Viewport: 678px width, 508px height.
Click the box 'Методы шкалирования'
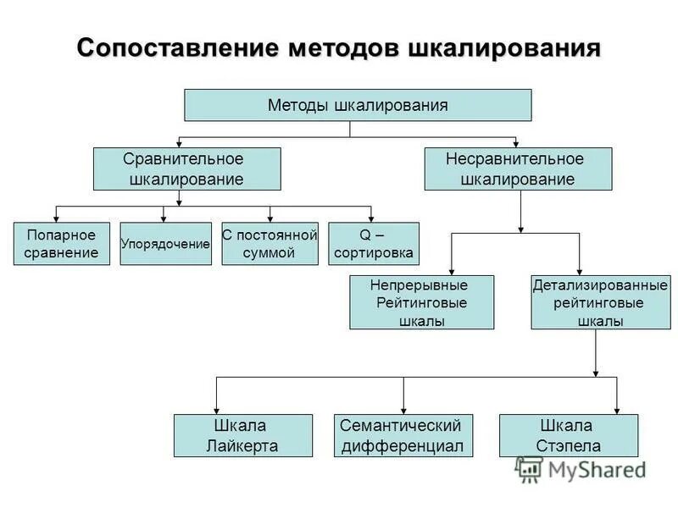(x=358, y=105)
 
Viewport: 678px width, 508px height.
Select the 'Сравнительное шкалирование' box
(x=186, y=168)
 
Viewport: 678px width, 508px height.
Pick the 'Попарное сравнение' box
(x=62, y=244)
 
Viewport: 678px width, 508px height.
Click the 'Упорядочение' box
(x=165, y=244)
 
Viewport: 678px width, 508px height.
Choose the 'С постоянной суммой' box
(x=270, y=244)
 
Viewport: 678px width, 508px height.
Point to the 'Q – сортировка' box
(x=374, y=244)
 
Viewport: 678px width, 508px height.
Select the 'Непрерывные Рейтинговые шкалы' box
(x=421, y=302)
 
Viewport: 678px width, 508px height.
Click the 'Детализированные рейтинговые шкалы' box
(x=600, y=302)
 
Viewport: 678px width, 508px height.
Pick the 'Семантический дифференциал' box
(x=403, y=435)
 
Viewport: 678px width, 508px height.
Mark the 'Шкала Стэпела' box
(x=568, y=435)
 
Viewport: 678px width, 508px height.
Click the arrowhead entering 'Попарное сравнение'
(x=57, y=217)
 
